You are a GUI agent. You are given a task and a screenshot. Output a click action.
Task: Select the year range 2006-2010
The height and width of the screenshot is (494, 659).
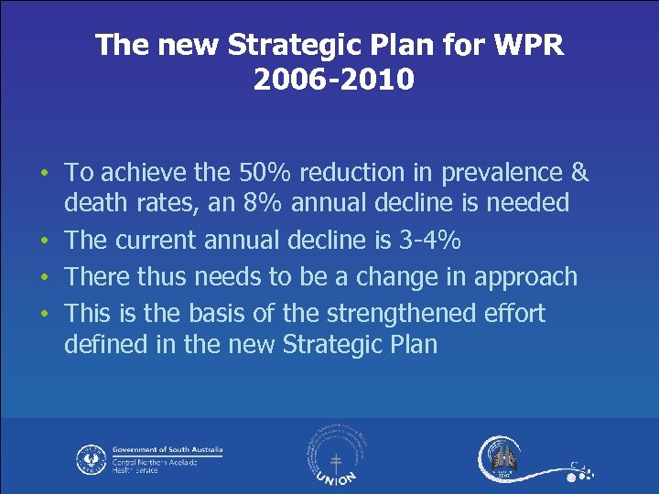coord(333,81)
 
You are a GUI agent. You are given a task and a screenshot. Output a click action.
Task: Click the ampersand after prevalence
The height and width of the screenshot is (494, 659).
coord(579,172)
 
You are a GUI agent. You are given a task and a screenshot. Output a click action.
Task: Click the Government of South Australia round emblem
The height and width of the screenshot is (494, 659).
coord(92,458)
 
